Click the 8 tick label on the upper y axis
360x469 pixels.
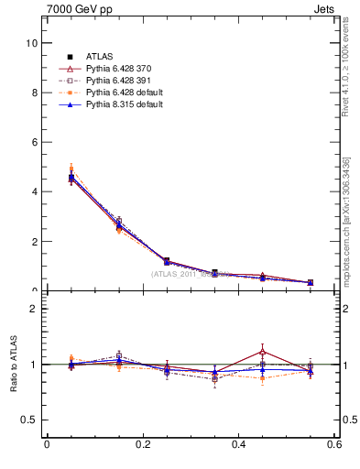[x=33, y=93]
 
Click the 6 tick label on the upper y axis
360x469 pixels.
[x=33, y=142]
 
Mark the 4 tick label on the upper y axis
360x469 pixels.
[x=33, y=191]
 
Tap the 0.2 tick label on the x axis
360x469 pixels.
[x=142, y=445]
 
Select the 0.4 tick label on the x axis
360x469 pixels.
[x=238, y=445]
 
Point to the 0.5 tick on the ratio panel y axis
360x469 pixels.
[x=29, y=420]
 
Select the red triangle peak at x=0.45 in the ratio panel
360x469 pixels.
[x=263, y=351]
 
